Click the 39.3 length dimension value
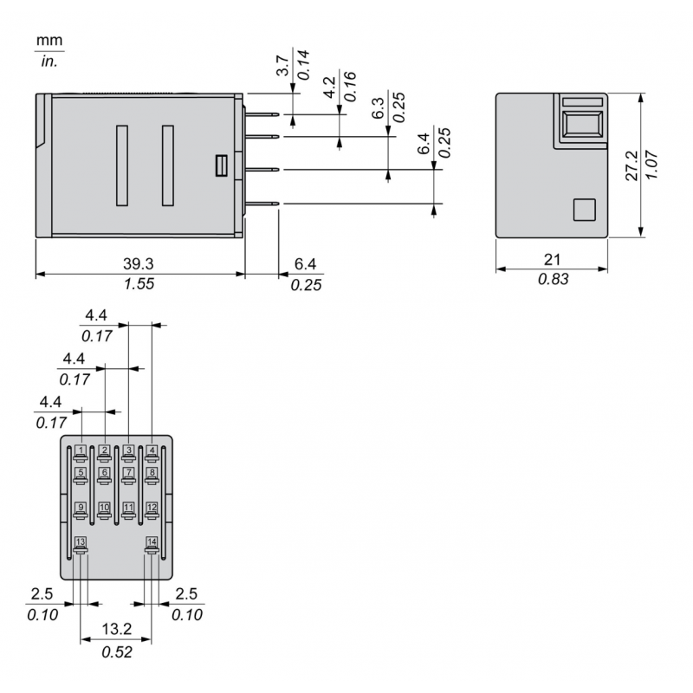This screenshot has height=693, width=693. tap(139, 262)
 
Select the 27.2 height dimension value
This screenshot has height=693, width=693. tap(631, 165)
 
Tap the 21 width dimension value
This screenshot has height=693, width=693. tap(552, 259)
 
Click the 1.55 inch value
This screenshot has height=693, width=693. tap(139, 284)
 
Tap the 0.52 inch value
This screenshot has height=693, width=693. tap(115, 652)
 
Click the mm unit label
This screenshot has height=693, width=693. tap(49, 42)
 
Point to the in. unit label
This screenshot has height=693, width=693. tap(49, 62)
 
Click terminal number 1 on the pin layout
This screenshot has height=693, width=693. tap(80, 450)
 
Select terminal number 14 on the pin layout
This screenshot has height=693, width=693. tap(152, 542)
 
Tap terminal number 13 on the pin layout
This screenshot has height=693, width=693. tap(81, 542)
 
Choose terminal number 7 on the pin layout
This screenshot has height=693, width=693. tap(128, 473)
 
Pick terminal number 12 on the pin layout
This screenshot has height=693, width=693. tap(152, 507)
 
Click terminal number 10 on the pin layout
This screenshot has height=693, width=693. tap(104, 507)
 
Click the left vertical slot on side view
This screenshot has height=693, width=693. tap(121, 165)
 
